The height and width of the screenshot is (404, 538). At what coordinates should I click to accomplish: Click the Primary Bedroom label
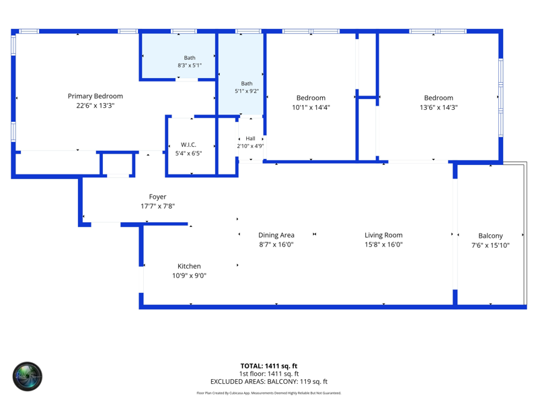pyautogui.click(x=95, y=96)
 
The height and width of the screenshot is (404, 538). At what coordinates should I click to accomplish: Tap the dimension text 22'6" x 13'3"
pyautogui.click(x=95, y=106)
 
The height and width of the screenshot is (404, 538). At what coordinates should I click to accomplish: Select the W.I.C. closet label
pyautogui.click(x=188, y=145)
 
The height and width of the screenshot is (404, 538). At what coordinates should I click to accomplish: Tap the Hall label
pyautogui.click(x=250, y=139)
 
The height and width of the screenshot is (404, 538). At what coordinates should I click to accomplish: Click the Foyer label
pyautogui.click(x=157, y=197)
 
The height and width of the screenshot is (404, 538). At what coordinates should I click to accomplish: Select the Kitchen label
pyautogui.click(x=189, y=266)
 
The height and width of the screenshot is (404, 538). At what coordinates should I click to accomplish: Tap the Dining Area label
pyautogui.click(x=276, y=235)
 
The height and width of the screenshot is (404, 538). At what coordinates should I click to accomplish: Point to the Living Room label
pyautogui.click(x=383, y=235)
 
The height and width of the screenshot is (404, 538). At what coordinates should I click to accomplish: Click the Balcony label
pyautogui.click(x=490, y=236)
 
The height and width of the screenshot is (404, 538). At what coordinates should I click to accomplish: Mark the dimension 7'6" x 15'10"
pyautogui.click(x=490, y=245)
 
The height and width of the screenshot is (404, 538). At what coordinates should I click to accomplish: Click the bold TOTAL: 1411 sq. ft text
pyautogui.click(x=268, y=366)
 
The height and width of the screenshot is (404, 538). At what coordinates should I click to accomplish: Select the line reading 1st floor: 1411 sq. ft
pyautogui.click(x=268, y=374)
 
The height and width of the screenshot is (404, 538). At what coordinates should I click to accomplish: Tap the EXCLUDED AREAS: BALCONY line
pyautogui.click(x=268, y=382)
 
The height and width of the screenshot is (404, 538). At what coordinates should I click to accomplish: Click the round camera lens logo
pyautogui.click(x=28, y=376)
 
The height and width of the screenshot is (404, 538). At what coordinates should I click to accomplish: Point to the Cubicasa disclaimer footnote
pyautogui.click(x=268, y=393)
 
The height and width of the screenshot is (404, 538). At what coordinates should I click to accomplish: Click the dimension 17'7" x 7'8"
pyautogui.click(x=157, y=206)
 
